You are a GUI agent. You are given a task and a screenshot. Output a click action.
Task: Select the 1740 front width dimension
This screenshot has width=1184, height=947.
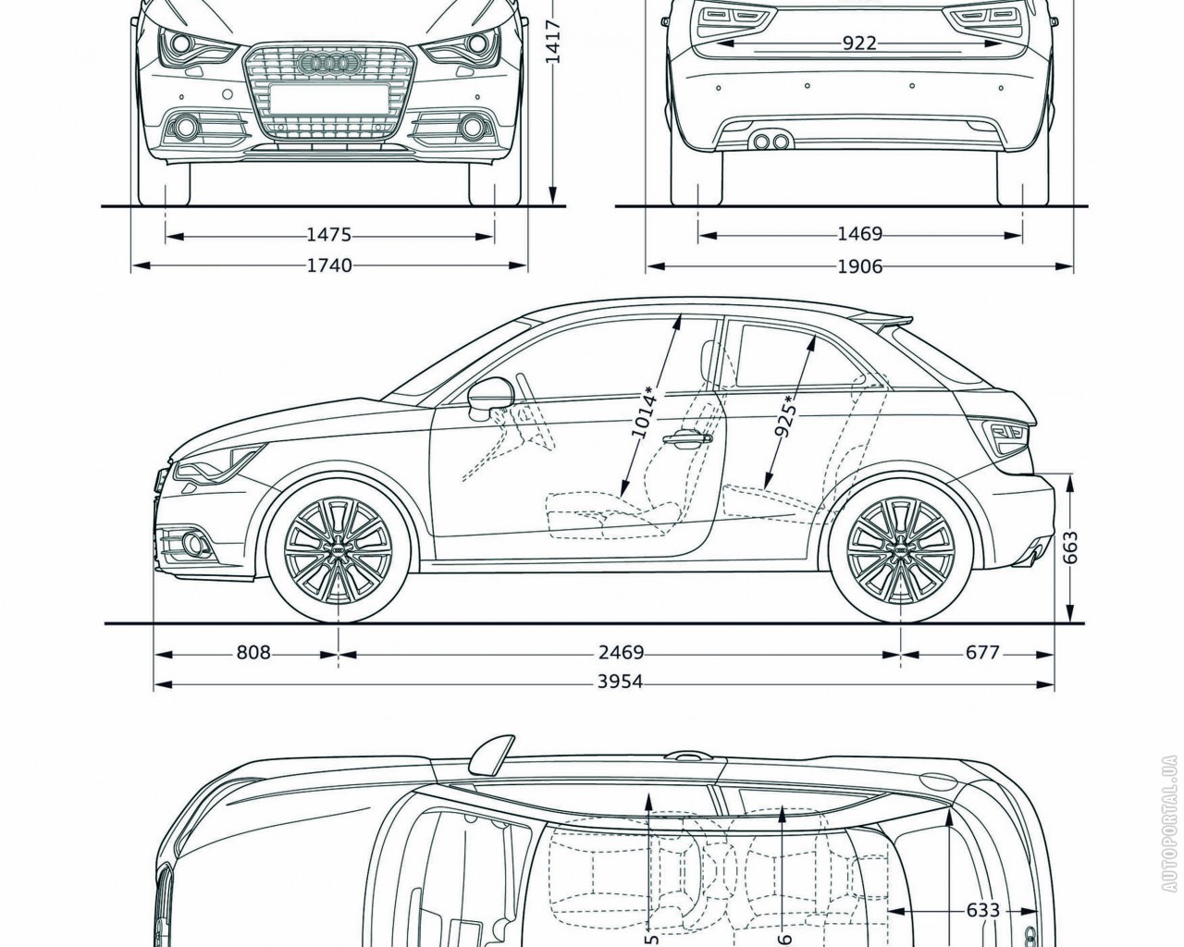pos(329,266)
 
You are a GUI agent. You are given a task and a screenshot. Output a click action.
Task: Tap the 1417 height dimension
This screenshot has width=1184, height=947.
pos(553,42)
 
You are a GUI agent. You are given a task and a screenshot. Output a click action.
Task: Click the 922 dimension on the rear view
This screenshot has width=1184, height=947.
pos(859,43)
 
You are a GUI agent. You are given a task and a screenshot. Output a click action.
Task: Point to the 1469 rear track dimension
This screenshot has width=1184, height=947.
pos(860,235)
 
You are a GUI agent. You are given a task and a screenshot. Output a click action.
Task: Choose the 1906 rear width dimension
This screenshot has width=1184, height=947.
pos(860,267)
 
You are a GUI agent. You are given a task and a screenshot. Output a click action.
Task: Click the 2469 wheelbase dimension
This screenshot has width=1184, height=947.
pos(621,653)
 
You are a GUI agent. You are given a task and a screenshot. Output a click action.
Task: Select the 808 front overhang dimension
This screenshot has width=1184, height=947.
pos(253,653)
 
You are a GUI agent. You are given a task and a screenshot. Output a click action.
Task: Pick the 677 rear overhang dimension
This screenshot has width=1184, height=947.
pos(982,653)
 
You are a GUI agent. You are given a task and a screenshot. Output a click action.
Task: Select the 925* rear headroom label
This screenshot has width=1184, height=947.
pos(789,418)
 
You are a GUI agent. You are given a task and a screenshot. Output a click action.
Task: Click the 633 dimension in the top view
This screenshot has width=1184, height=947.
pos(982,910)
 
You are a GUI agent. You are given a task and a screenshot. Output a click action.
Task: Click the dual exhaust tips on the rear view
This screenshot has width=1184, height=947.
pos(771,141)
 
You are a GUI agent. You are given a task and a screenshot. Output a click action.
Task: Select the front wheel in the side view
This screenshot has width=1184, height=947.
pos(339,550)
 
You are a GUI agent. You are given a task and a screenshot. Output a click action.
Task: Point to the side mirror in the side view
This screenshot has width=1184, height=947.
pos(489,396)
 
